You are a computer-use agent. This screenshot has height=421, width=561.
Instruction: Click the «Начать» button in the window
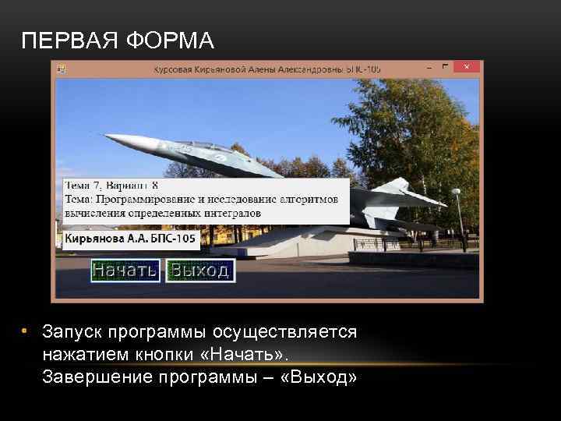(x=125, y=271)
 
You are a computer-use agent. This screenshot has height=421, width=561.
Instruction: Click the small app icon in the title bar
(x=61, y=69)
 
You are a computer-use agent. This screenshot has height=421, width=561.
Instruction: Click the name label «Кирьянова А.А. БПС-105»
(x=130, y=239)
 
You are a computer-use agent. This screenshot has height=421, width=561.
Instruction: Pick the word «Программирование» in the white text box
(x=145, y=200)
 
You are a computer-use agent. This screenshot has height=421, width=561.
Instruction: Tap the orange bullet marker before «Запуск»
(x=24, y=331)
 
